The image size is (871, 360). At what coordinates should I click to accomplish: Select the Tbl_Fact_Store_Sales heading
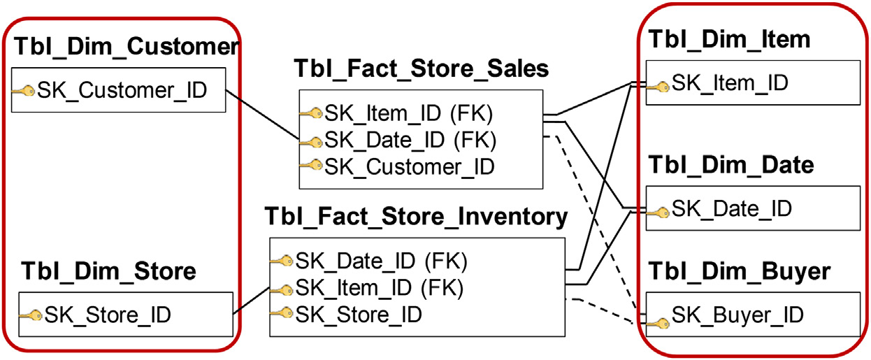(421, 69)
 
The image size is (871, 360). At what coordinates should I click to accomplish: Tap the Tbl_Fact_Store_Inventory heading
(416, 216)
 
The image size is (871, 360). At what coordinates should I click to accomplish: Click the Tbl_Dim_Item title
(730, 39)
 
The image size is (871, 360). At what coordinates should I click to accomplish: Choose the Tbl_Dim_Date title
(732, 165)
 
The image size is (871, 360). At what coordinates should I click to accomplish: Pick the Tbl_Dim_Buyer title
(740, 271)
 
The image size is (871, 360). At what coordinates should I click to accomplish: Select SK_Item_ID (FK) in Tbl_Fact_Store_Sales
(410, 113)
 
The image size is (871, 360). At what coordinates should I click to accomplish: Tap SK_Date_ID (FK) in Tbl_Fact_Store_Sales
(410, 140)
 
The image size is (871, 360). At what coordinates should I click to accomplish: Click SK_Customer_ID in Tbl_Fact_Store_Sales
(409, 166)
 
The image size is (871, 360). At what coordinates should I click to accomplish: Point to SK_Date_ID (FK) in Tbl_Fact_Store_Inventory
(381, 260)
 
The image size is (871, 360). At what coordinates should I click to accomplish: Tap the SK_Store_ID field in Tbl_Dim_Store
(108, 315)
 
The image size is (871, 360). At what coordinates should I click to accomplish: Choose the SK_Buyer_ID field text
(737, 315)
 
